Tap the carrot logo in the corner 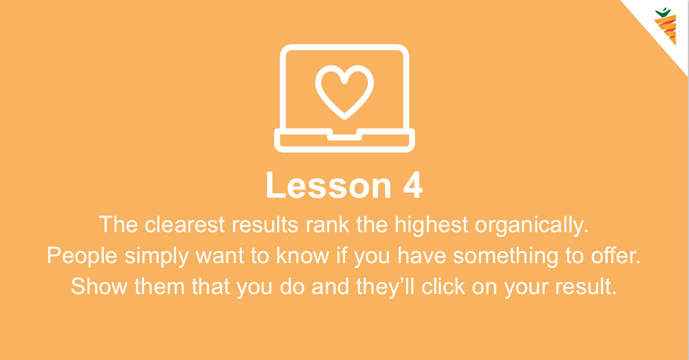click(665, 26)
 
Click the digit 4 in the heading click(413, 185)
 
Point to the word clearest click(185, 224)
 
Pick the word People click(82, 257)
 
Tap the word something click(506, 257)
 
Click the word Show click(99, 287)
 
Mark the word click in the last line click(443, 286)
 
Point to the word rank click(327, 224)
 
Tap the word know click(302, 256)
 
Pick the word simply click(156, 257)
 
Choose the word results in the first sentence click(265, 224)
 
